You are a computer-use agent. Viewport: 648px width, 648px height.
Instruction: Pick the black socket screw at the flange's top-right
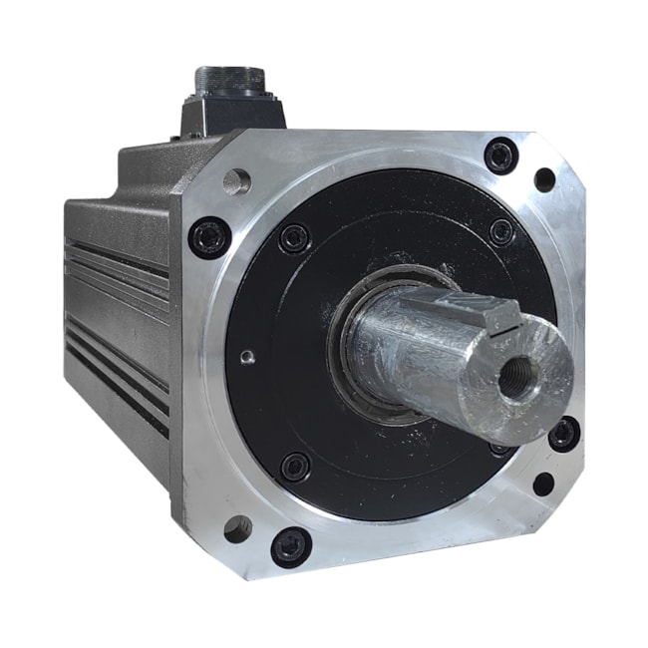[x=500, y=156]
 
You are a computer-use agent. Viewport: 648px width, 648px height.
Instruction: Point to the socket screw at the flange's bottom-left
[x=291, y=544]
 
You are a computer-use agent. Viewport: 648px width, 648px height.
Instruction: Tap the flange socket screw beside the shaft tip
[x=563, y=433]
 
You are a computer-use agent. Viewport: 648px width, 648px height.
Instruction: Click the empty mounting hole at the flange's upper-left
[x=237, y=182]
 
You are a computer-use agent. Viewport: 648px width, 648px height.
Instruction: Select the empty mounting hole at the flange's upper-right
[x=545, y=180]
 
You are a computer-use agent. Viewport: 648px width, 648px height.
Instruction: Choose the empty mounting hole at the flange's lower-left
[x=237, y=528]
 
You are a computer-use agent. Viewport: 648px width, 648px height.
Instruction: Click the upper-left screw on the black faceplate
[x=294, y=238]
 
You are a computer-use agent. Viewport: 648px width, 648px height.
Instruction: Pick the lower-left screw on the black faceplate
[x=295, y=466]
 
